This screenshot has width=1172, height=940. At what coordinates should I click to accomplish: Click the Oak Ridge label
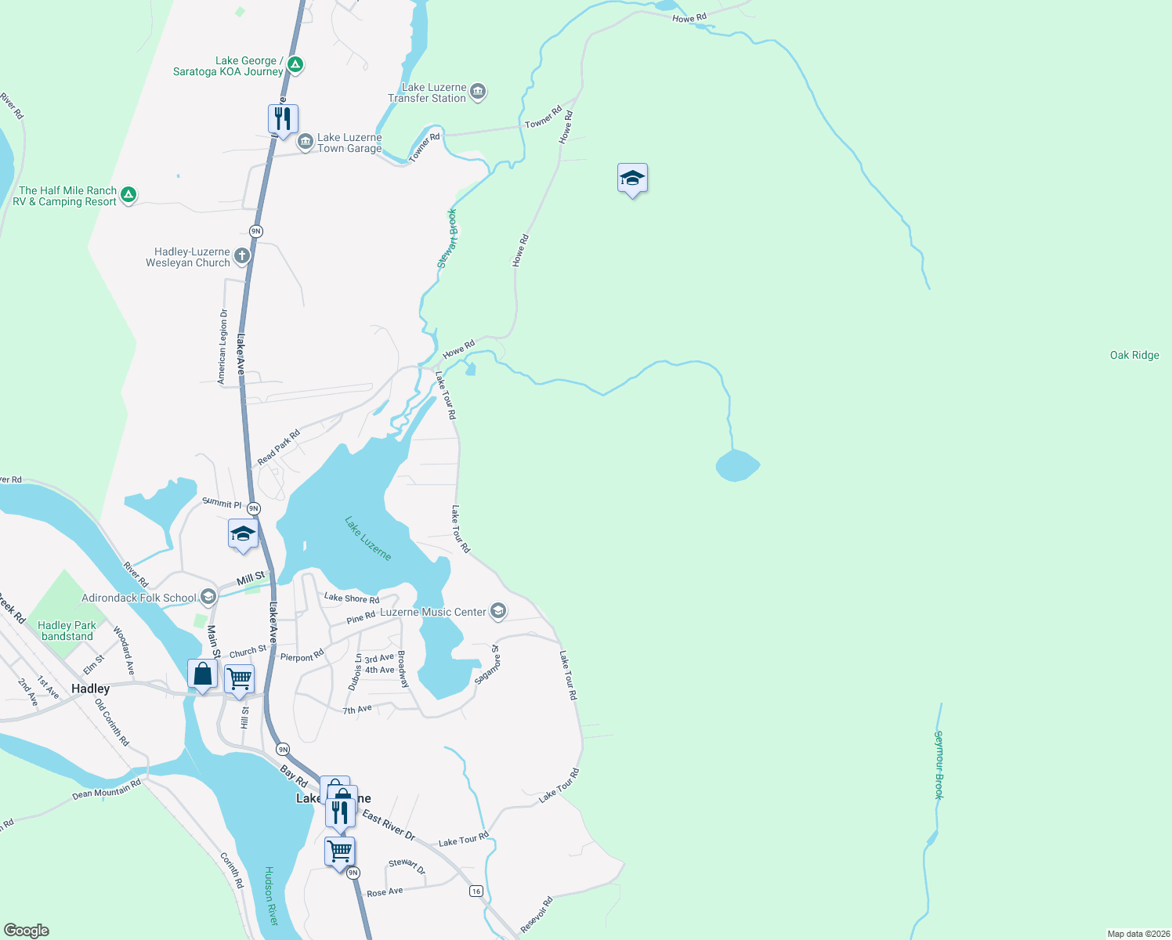click(1134, 356)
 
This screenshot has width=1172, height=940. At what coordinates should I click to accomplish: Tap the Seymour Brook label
click(939, 765)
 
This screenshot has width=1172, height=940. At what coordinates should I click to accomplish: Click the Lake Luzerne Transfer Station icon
click(478, 92)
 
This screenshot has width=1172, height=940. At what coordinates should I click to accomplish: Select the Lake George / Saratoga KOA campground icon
click(295, 65)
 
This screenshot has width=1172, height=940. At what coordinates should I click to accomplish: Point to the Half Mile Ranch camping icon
click(128, 195)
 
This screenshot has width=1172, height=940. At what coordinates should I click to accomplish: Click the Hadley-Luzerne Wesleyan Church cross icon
click(242, 256)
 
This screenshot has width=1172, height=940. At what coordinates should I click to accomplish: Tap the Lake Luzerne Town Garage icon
click(305, 142)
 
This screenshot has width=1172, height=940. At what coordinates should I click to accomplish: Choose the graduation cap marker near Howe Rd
click(632, 179)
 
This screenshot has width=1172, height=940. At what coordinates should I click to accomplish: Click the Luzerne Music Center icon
click(498, 611)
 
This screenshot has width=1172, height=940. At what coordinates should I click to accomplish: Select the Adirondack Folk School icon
click(208, 598)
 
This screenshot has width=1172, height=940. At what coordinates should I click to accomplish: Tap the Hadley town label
click(91, 689)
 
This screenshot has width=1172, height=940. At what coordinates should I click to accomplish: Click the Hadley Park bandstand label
click(67, 631)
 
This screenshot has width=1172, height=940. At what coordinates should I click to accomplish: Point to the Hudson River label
click(271, 895)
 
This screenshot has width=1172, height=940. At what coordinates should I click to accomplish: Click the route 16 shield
click(476, 891)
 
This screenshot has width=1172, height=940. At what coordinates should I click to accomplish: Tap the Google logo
click(27, 930)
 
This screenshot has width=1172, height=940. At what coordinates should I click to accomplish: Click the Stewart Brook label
click(447, 239)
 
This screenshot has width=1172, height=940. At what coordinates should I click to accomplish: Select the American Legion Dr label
click(222, 345)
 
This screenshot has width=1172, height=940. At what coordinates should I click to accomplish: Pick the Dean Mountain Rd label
click(107, 789)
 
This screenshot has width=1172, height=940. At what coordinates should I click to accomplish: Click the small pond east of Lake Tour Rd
click(736, 465)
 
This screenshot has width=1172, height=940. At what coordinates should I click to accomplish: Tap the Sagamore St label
click(486, 665)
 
